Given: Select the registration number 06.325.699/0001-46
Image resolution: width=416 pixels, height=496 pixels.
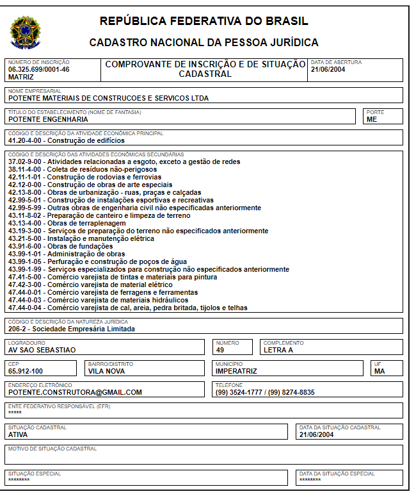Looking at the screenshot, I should point(39,69).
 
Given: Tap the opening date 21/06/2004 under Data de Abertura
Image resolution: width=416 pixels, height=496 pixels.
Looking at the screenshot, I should point(328,69).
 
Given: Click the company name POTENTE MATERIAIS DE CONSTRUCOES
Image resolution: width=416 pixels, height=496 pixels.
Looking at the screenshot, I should point(108,98).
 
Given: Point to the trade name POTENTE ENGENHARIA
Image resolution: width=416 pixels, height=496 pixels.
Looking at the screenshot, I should point(48,119).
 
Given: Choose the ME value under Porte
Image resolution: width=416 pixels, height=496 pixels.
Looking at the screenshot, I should point(372,119).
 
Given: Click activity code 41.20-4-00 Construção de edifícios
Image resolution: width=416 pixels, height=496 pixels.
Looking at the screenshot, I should point(67,140).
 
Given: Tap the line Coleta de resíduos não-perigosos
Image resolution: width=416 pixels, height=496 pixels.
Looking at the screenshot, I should point(83,169).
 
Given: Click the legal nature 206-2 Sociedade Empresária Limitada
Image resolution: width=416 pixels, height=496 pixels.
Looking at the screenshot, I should point(72,329).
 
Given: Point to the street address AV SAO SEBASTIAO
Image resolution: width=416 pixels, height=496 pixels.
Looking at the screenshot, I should point(42,350).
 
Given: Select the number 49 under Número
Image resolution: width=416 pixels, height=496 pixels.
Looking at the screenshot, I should point(220,350).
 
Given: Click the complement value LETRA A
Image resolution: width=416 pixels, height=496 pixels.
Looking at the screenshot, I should point(278,350).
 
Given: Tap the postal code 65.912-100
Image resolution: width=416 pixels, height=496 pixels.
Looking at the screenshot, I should point(26,371).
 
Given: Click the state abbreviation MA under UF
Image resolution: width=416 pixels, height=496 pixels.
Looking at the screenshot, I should point(380,371).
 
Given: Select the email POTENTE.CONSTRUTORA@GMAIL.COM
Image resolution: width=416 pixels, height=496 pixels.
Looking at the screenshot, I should point(75,392).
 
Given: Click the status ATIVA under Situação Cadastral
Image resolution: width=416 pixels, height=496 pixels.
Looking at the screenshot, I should point(18,434).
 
